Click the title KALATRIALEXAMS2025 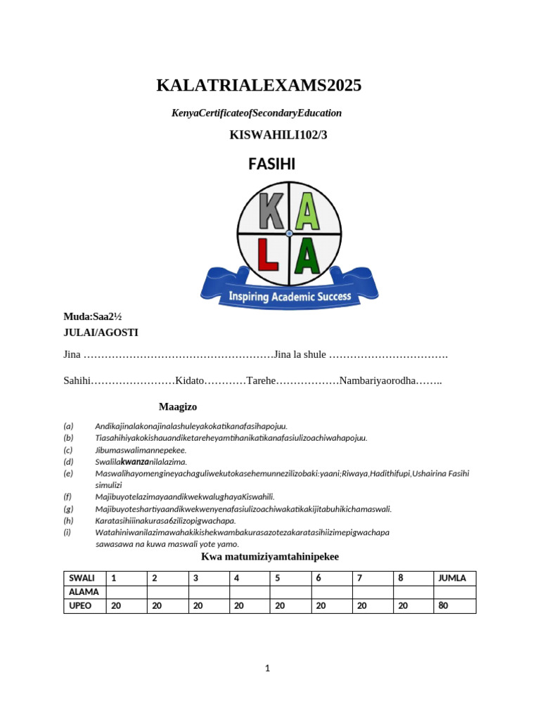click(258, 86)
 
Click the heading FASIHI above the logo click(271, 164)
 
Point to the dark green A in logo click(309, 256)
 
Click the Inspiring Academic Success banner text click(289, 297)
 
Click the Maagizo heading click(178, 406)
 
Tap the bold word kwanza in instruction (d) click(134, 462)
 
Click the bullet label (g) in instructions click(68, 508)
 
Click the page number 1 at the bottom click(267, 669)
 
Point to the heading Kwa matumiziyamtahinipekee click(270, 556)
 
